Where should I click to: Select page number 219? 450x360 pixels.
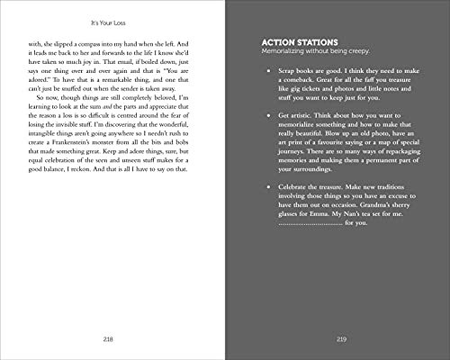pos(340,338)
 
